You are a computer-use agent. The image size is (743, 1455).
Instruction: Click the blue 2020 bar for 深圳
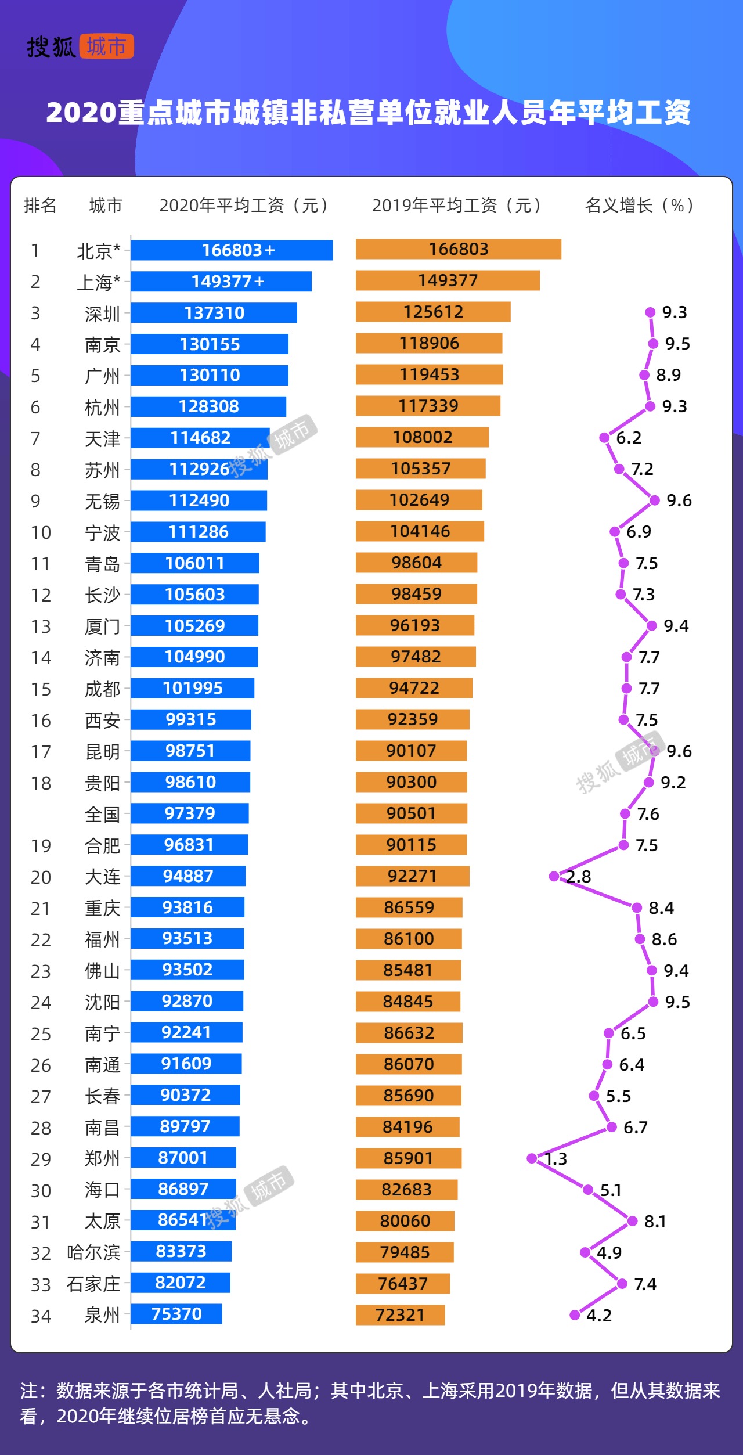tap(214, 313)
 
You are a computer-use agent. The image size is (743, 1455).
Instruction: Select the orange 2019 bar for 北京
tap(458, 249)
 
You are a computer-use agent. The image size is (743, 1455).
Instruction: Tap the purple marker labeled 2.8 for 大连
tap(554, 876)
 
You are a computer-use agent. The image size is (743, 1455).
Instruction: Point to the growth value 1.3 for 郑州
tap(556, 1159)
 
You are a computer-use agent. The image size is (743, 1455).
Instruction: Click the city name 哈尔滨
tap(93, 1252)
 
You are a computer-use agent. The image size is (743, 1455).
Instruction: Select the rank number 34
tap(41, 1316)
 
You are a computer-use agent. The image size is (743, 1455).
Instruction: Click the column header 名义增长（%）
tap(639, 206)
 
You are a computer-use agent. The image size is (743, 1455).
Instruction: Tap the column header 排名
tap(40, 206)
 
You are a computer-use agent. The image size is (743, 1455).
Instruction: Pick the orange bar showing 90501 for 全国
tap(411, 813)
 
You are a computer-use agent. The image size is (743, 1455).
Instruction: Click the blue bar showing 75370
tap(176, 1314)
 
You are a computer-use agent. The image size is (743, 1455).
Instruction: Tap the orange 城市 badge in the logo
tap(106, 46)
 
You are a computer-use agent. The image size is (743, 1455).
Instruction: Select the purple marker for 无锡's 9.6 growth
tap(655, 500)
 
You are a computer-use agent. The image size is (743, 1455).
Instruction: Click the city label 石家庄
tap(93, 1284)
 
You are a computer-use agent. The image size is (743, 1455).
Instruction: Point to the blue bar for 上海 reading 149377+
tap(221, 282)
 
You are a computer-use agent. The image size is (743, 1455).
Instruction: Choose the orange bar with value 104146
tap(420, 531)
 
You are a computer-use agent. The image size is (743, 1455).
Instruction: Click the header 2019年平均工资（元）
tap(457, 206)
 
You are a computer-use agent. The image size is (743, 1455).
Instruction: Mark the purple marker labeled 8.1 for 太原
tap(633, 1221)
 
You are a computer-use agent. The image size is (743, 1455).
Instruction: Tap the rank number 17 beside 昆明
tap(41, 752)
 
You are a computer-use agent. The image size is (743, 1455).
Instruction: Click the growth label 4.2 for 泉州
tap(599, 1316)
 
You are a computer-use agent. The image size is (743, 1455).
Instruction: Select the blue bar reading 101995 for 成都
tap(192, 688)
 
